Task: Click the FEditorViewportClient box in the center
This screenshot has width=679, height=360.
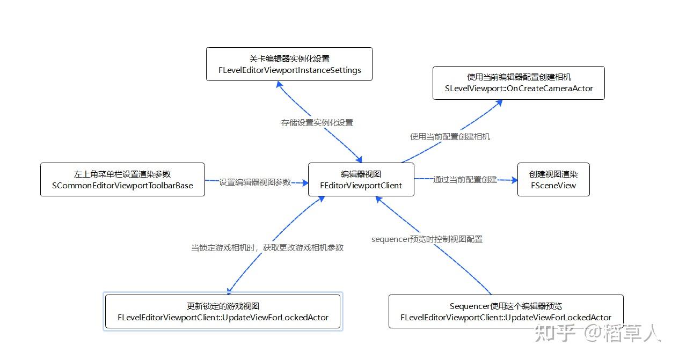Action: pos(361,180)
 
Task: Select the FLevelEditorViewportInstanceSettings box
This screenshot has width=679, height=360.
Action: pos(289,64)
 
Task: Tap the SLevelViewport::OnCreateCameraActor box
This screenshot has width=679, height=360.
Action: pos(519,83)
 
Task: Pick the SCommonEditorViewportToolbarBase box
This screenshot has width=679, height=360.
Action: pos(122,180)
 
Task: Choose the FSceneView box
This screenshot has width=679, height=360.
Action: pos(553,180)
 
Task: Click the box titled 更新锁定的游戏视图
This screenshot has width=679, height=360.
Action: pos(223,312)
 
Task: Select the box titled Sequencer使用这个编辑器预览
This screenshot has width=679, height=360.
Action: pos(506,312)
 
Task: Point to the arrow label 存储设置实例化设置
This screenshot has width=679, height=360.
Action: pos(317,122)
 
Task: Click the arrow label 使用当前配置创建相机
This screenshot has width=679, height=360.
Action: pos(450,136)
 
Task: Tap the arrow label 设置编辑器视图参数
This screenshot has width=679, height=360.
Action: pos(255,182)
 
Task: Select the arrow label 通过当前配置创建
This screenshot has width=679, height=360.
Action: pos(465,179)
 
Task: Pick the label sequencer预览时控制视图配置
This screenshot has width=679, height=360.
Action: pos(427,239)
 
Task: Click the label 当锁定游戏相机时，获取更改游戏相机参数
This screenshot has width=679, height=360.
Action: pos(267,247)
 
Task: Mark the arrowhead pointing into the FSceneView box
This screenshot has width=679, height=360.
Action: pos(514,181)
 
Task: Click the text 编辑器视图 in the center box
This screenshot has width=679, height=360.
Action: pos(361,174)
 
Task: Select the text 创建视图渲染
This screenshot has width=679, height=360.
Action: pos(553,174)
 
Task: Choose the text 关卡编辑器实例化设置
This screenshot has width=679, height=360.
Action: pos(289,58)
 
